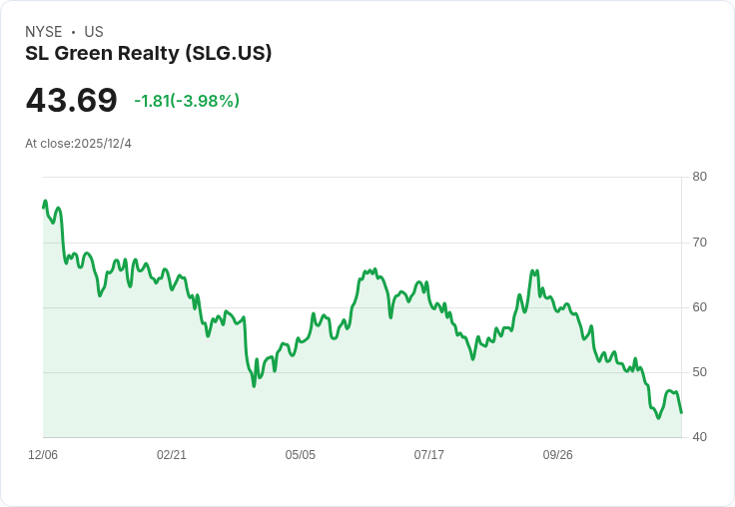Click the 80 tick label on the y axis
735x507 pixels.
click(x=699, y=177)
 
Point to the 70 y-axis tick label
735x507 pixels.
click(x=699, y=243)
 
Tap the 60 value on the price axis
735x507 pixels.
click(x=699, y=307)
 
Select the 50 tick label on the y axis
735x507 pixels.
click(x=699, y=372)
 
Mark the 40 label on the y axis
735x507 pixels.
click(x=699, y=437)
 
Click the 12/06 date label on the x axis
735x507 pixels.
click(x=43, y=455)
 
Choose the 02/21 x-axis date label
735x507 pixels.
click(x=172, y=455)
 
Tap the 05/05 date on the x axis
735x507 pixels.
click(x=301, y=455)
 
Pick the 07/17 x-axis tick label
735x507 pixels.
click(x=429, y=455)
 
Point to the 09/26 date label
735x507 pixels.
click(x=558, y=455)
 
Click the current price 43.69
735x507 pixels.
click(x=71, y=100)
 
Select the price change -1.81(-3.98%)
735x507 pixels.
click(x=187, y=101)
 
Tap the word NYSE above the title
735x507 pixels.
click(x=44, y=32)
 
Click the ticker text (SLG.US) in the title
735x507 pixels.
click(x=228, y=54)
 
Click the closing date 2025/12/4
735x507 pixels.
click(x=103, y=144)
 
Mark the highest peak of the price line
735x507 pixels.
click(x=45, y=202)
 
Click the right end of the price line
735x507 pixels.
click(x=681, y=412)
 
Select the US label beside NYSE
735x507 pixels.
click(x=94, y=32)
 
